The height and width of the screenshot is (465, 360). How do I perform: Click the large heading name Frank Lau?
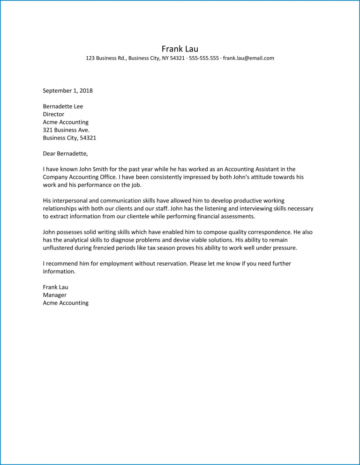[180, 49]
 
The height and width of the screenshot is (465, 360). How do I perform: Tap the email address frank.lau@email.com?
[248, 59]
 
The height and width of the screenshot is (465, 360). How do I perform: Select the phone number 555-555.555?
[204, 59]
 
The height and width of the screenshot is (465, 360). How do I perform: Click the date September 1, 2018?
[67, 91]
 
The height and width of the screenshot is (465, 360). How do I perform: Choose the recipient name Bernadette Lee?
[63, 106]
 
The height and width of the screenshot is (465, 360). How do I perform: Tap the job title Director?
[53, 114]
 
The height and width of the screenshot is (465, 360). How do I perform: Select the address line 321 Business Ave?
[66, 130]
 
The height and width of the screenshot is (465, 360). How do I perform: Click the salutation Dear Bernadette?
[65, 154]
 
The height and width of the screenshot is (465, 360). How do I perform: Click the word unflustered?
[60, 248]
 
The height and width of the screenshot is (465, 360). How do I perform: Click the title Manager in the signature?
[54, 295]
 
